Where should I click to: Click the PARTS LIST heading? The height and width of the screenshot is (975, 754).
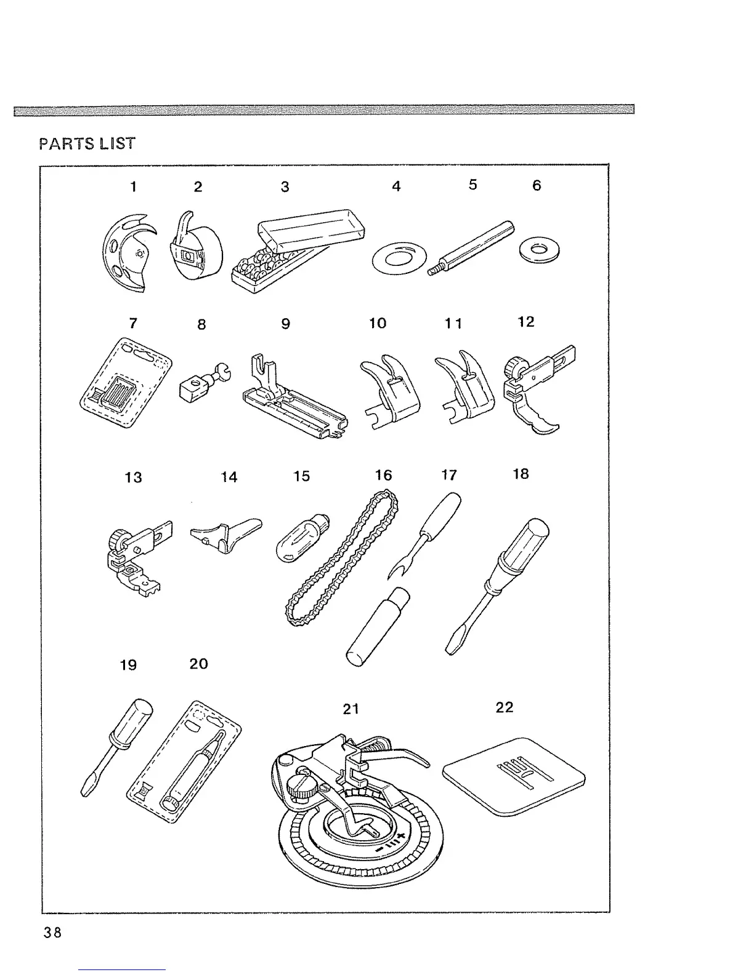tap(87, 143)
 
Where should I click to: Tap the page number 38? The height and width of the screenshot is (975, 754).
tap(52, 932)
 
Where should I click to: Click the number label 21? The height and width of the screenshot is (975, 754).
tap(351, 709)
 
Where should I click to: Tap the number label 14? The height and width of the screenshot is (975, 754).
tap(229, 477)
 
